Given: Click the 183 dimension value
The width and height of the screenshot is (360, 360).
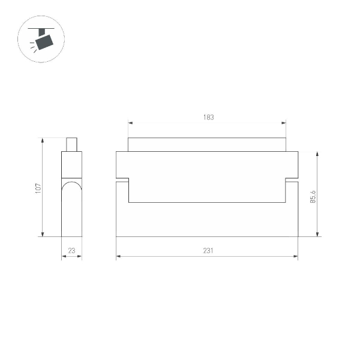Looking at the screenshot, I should click(207, 118).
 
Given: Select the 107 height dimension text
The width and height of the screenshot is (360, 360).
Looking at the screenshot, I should click(37, 188).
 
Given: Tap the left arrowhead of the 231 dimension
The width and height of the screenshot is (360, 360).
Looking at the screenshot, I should click(118, 257).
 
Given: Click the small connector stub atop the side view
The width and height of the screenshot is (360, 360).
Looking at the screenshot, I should click(72, 145).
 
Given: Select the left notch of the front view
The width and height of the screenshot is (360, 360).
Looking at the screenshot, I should click(122, 179).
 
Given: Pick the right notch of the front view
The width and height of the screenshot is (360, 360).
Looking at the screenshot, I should click(292, 179).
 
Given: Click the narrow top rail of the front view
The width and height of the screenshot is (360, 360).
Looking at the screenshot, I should click(207, 145).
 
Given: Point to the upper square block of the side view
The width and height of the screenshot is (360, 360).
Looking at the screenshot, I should click(71, 165).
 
